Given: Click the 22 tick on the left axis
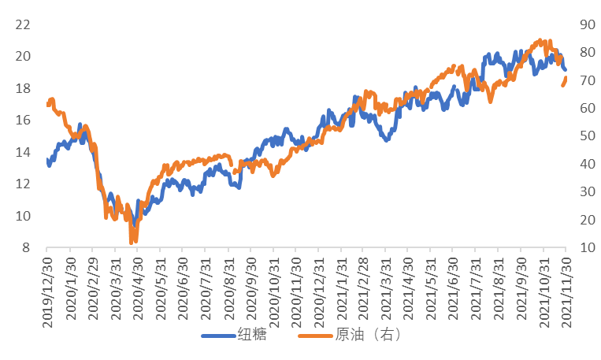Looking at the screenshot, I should [x=22, y=24].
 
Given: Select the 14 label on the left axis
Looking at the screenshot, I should [x=22, y=152].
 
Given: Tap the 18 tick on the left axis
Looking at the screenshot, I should [x=22, y=88].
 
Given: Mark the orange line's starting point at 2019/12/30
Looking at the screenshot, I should [x=48, y=103].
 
